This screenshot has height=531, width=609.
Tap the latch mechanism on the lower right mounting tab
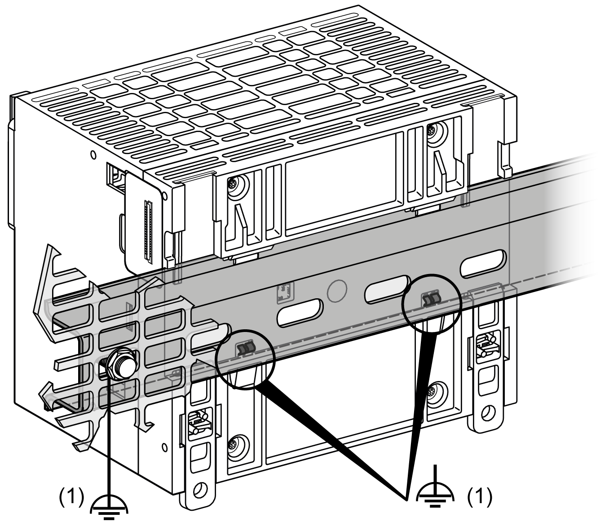point(486,345)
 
